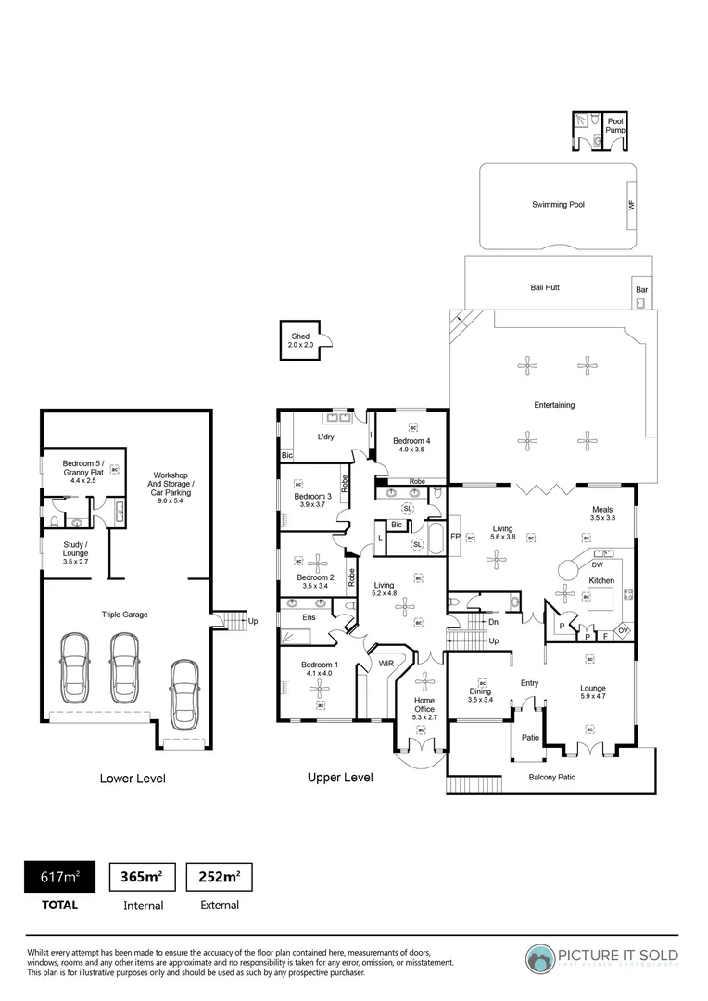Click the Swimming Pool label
558,205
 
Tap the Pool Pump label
615,126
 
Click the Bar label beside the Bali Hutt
641,290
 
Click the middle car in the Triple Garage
124,667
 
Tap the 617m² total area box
58,877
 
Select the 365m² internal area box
143,877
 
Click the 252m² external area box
220,877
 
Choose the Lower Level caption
133,779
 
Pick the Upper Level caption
340,778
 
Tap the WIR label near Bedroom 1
385,664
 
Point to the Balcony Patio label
552,777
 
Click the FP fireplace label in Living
455,537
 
